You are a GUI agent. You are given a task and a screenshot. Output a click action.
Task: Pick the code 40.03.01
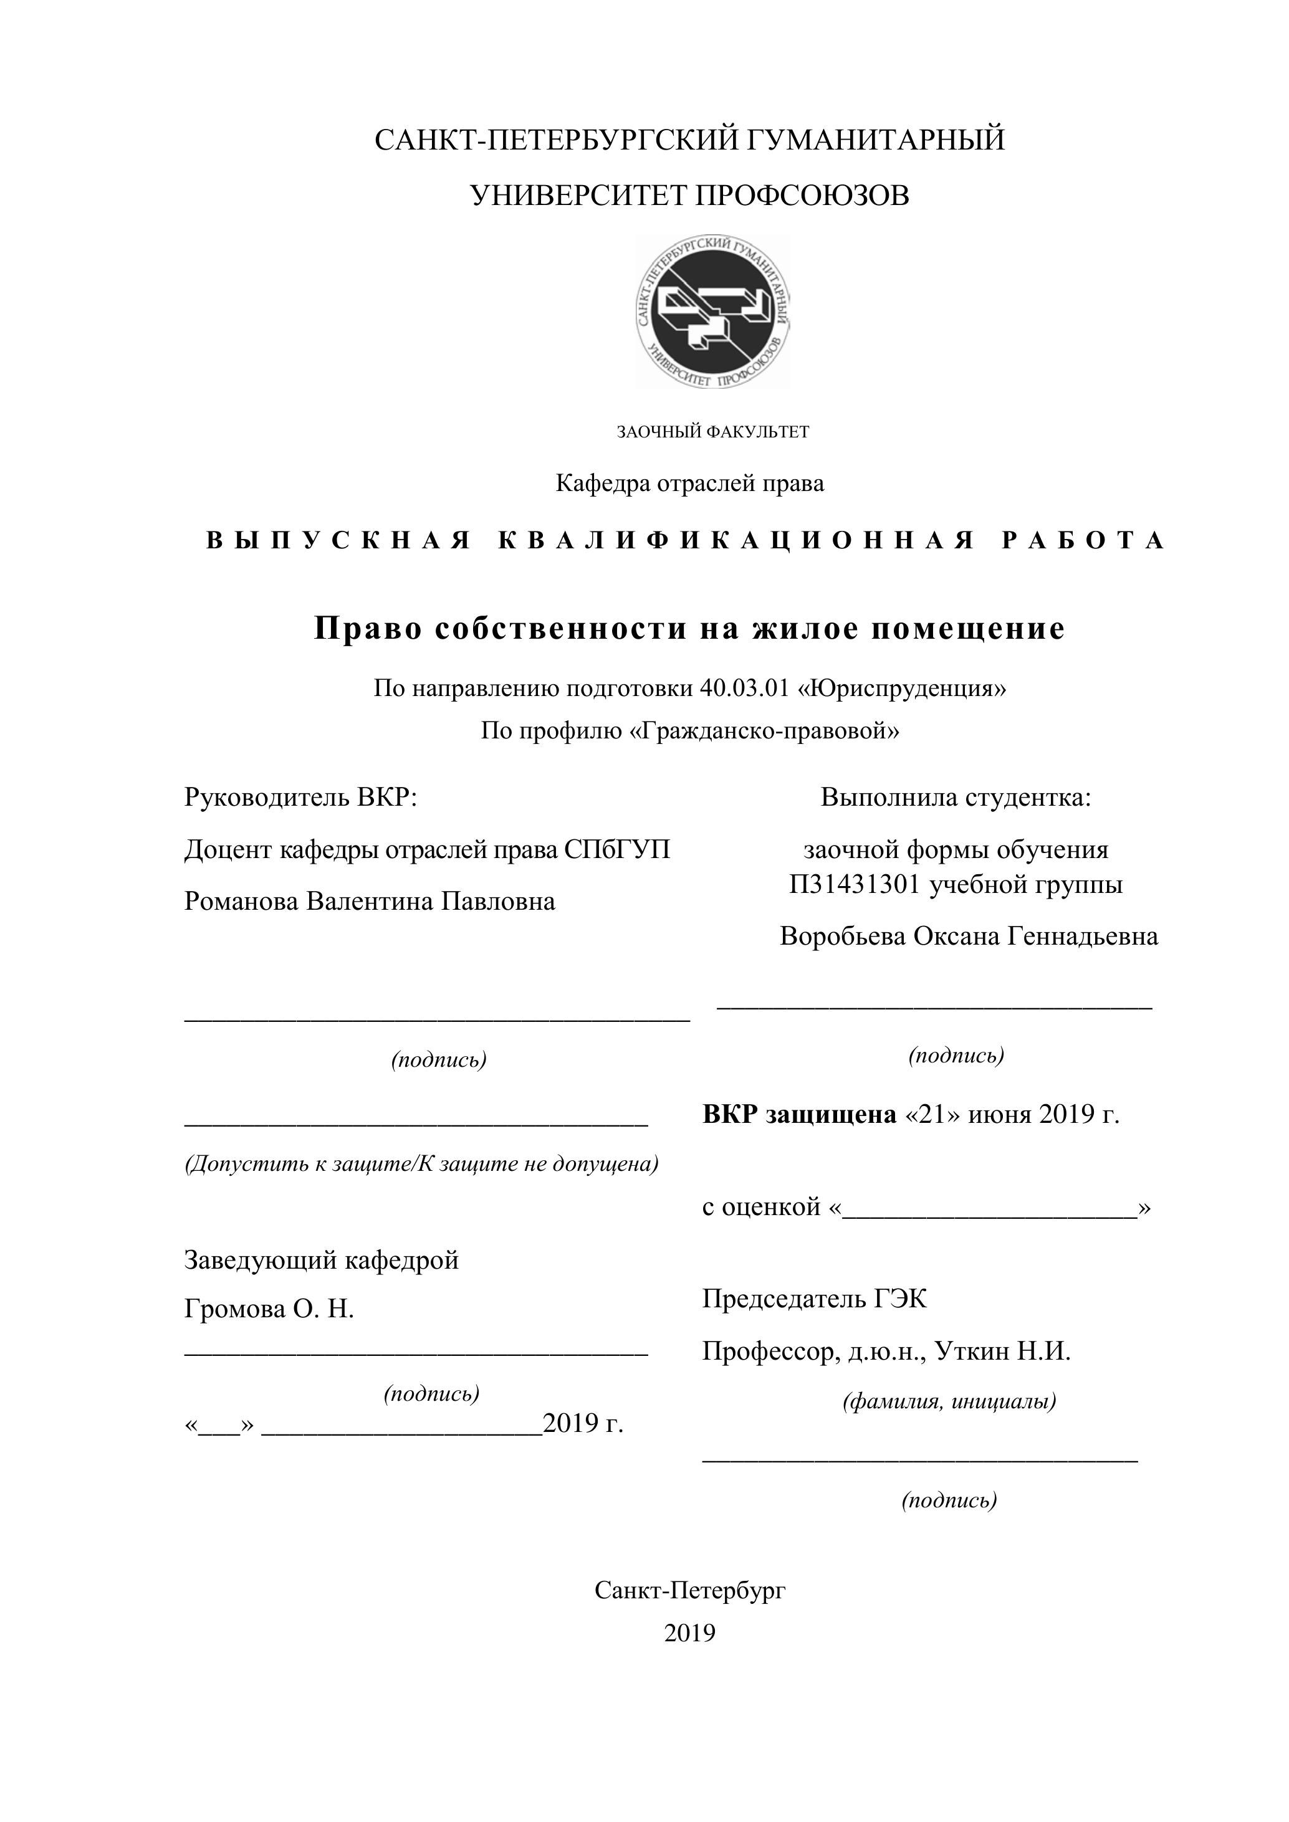coord(744,688)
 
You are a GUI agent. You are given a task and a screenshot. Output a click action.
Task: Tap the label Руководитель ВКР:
coord(301,797)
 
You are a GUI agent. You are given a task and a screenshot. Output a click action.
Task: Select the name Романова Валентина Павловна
coord(369,902)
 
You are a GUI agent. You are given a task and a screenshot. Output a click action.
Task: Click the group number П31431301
coord(855,884)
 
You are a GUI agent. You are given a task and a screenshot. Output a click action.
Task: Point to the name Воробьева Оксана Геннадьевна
coord(969,937)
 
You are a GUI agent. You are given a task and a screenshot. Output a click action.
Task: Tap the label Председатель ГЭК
coord(813,1299)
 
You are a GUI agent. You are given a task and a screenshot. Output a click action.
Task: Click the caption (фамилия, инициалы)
coord(949,1401)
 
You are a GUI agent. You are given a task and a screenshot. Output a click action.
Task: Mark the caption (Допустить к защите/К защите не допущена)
coord(421,1164)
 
